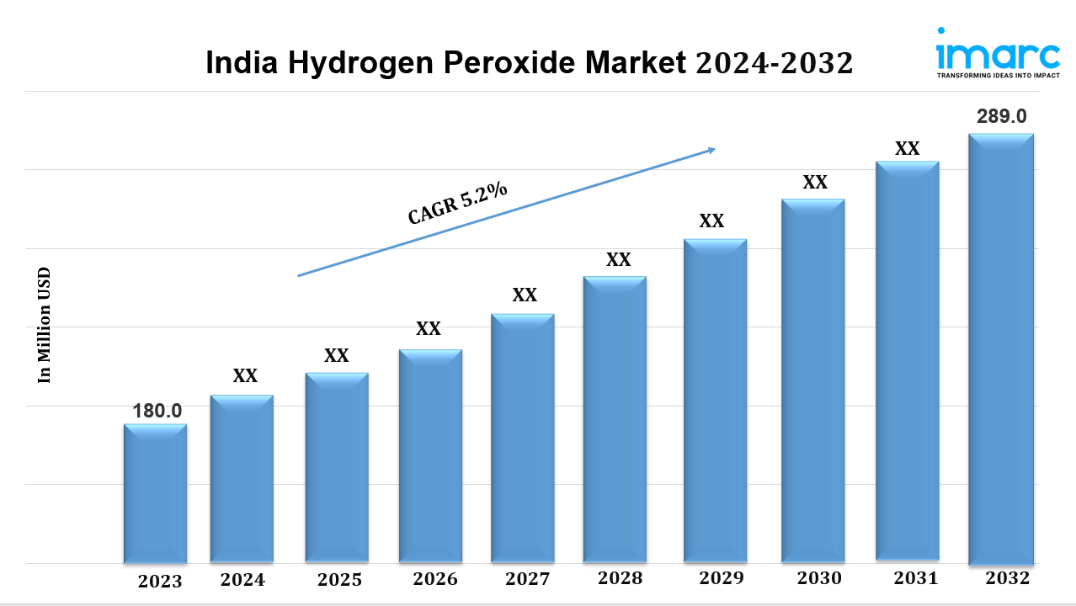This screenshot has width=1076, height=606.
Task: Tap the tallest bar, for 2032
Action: (x=1000, y=348)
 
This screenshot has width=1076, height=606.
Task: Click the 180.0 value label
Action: (x=157, y=411)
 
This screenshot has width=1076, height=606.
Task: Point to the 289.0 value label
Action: (x=1001, y=117)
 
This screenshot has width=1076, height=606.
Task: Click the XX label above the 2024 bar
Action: (x=245, y=376)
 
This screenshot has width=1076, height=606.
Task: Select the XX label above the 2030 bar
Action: (x=814, y=182)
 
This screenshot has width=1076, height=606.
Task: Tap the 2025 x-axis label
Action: (x=339, y=580)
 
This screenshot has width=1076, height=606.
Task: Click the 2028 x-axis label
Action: (x=620, y=578)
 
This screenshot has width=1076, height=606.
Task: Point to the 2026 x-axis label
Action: (x=435, y=579)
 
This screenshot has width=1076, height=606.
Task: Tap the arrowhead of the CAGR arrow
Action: (x=711, y=151)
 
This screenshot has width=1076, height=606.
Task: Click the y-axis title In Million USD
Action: (x=45, y=325)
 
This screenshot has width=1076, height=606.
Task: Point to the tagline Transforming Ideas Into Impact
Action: (x=998, y=76)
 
